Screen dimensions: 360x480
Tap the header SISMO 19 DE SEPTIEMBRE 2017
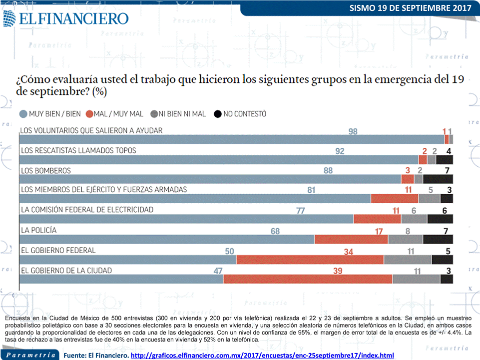coord(411,8)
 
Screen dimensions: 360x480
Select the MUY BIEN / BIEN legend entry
coord(50,114)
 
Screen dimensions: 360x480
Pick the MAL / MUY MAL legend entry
coord(115,114)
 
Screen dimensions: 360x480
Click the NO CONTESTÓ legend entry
coord(240,114)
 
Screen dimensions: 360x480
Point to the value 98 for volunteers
coord(353,131)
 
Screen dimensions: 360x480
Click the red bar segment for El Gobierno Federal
coord(310,260)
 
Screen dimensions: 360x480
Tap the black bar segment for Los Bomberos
coord(438,179)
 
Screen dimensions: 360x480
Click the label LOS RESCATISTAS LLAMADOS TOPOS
coord(78,150)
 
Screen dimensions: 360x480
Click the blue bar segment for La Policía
coord(167,240)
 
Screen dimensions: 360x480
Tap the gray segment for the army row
coord(429,199)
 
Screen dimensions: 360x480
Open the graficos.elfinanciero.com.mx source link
coord(262,356)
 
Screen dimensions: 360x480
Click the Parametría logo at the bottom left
coord(31,355)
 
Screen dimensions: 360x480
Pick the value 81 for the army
coord(311,190)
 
